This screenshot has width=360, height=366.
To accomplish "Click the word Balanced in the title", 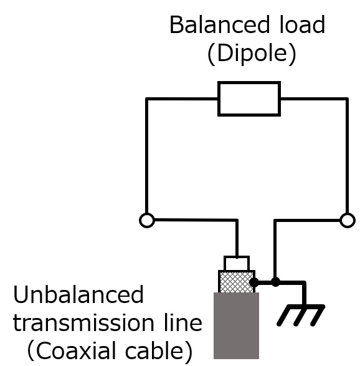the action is pyautogui.click(x=220, y=25).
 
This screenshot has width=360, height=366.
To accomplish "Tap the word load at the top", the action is pyautogui.click(x=302, y=24).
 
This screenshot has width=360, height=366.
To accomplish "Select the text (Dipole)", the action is pyautogui.click(x=252, y=54).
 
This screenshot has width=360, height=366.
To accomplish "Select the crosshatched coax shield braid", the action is pyautogui.click(x=237, y=281).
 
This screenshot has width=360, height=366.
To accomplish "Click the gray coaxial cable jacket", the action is pyautogui.click(x=236, y=325).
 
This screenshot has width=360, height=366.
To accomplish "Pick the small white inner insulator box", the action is pyautogui.click(x=237, y=263).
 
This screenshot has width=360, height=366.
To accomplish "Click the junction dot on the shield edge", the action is pyautogui.click(x=254, y=282).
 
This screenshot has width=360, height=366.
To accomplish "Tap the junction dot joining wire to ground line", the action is pyautogui.click(x=275, y=282).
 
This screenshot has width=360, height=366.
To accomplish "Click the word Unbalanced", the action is pyautogui.click(x=78, y=294).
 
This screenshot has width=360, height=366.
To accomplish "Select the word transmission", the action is pyautogui.click(x=83, y=322).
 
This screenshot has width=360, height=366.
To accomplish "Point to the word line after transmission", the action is pyautogui.click(x=183, y=322).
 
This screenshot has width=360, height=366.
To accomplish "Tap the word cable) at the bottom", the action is pyautogui.click(x=159, y=351).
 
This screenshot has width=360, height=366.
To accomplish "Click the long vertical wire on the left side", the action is pyautogui.click(x=146, y=156).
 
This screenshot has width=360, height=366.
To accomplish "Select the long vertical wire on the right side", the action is pyautogui.click(x=348, y=156).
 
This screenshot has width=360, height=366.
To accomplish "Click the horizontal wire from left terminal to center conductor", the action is pyautogui.click(x=196, y=219).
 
